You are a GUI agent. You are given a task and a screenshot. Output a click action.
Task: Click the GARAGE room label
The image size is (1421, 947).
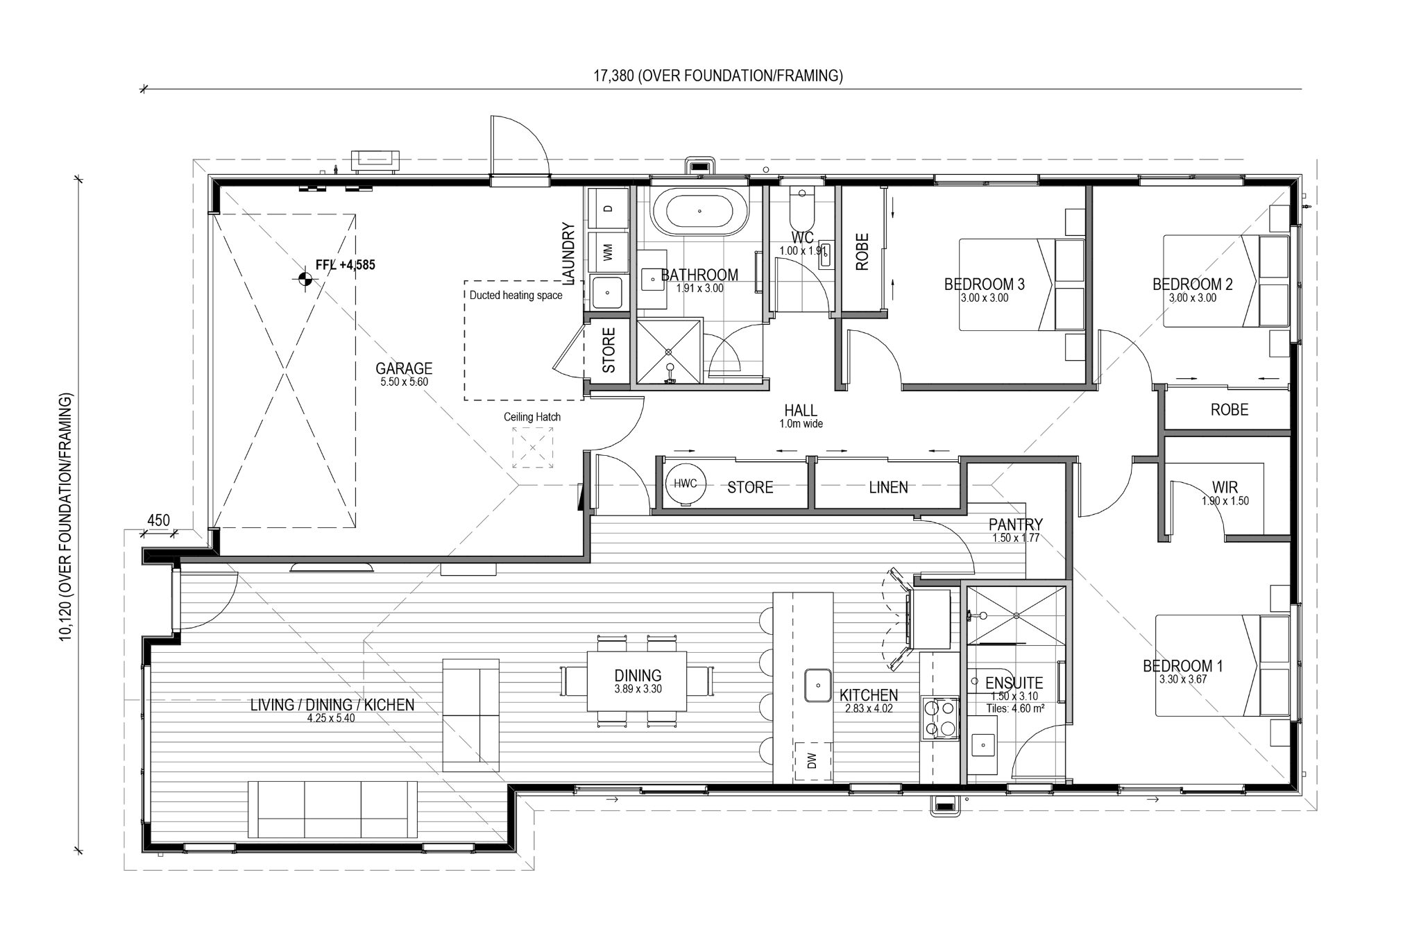click(x=404, y=368)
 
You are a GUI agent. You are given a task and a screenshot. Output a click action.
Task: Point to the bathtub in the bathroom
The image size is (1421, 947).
click(x=699, y=212)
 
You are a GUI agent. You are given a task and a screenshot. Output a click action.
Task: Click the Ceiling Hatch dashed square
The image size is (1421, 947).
click(x=533, y=447)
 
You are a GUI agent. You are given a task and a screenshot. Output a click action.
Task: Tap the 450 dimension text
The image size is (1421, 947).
click(x=159, y=520)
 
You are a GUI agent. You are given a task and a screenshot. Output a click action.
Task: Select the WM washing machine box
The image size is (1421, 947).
click(x=608, y=253)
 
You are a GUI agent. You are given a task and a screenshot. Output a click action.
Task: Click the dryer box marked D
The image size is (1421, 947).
click(x=608, y=208)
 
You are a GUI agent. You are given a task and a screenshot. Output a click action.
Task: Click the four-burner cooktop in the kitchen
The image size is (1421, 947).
click(x=939, y=719)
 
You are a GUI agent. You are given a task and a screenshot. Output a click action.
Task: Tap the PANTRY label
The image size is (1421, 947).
click(x=1015, y=524)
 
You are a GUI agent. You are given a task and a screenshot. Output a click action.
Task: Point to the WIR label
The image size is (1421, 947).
click(x=1225, y=488)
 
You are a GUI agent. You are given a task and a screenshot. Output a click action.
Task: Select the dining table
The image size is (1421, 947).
click(x=638, y=681)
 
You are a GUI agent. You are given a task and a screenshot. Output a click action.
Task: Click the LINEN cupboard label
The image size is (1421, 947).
click(x=888, y=488)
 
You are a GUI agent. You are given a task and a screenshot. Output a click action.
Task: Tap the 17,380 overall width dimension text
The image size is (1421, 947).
click(x=717, y=76)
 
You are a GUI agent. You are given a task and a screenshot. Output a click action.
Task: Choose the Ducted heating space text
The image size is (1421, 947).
click(x=516, y=295)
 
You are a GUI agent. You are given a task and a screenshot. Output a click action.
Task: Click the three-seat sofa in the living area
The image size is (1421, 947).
click(x=333, y=809)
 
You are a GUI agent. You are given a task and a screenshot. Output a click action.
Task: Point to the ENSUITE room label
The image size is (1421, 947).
click(x=1014, y=683)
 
